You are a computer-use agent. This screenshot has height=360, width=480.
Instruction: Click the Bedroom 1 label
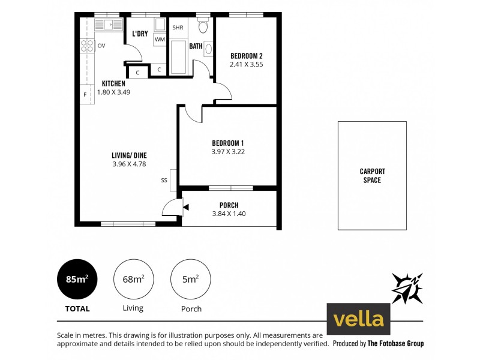(228, 143)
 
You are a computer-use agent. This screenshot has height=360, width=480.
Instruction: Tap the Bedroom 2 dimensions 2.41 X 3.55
(247, 64)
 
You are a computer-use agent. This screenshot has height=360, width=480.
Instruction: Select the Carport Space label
(372, 175)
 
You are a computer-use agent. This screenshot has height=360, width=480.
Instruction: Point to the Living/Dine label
(129, 155)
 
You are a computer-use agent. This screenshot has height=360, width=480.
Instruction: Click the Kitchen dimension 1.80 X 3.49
(113, 92)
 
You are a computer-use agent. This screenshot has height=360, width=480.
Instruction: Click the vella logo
(358, 319)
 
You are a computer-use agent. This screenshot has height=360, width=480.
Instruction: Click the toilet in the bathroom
(203, 26)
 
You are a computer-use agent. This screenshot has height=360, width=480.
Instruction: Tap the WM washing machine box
(160, 40)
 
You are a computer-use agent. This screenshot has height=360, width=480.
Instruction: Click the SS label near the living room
(164, 180)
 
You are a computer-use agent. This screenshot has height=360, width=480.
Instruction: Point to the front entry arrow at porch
(185, 208)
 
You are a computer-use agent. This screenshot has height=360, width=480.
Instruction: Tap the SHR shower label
(178, 28)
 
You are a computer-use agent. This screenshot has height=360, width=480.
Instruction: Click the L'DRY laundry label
(140, 34)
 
